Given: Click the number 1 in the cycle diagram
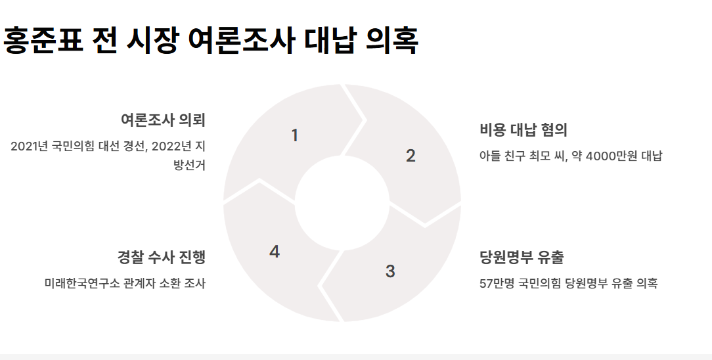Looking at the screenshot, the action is [295, 135].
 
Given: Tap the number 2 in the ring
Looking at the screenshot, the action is [411, 156].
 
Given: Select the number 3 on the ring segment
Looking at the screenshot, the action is [390, 271].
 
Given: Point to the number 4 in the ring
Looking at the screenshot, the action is [275, 252].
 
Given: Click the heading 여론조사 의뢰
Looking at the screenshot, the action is [163, 120].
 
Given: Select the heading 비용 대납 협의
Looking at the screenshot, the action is [523, 129].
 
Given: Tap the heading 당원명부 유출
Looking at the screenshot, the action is [522, 257].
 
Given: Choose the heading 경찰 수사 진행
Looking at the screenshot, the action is [162, 257].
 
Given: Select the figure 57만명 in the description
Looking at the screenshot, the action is [497, 284].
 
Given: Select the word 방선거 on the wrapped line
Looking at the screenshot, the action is [189, 165].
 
